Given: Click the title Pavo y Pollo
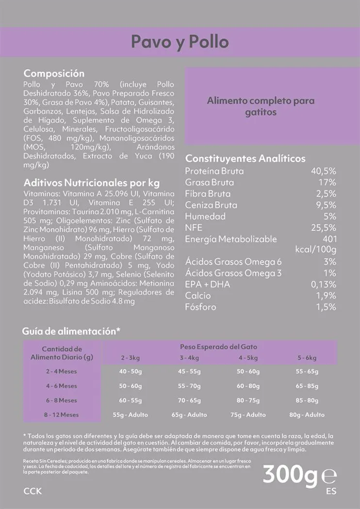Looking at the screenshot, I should click(180, 42).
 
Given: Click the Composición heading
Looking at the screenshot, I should click(54, 74).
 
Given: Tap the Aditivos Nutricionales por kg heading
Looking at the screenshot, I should click(92, 183).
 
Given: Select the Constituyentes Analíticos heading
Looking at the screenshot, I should click(245, 159).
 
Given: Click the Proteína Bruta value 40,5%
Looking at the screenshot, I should click(324, 171).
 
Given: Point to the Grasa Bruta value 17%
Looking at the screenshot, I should click(327, 182).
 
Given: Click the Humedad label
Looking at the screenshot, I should click(205, 216).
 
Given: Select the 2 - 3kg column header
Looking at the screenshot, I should click(131, 358).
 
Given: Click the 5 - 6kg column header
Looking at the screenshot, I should click(307, 358).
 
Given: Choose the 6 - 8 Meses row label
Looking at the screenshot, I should click(62, 400).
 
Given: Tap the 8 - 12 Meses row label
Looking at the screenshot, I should click(62, 415).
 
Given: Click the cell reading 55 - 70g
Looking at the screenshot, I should click(189, 386).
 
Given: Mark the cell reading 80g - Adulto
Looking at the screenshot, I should click(307, 415).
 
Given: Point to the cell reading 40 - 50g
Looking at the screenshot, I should click(131, 371).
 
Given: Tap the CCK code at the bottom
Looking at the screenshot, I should click(33, 491).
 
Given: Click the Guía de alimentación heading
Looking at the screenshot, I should click(71, 331).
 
